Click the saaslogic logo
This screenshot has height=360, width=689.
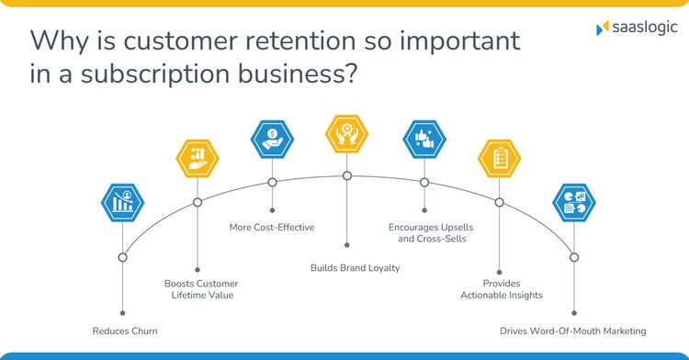633,29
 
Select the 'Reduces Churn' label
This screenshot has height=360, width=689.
124,331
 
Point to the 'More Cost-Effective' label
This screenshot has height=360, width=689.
272,226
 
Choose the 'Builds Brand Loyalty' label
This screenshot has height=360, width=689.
347,268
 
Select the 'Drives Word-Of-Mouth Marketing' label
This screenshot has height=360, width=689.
573,331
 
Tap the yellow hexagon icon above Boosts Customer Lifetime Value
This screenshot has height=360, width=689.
198,158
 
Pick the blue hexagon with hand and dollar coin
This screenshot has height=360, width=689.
272,139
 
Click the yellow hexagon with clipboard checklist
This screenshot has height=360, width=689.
500,158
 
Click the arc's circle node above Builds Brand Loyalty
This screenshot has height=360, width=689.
347,175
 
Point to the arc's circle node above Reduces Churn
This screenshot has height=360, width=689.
122,257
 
